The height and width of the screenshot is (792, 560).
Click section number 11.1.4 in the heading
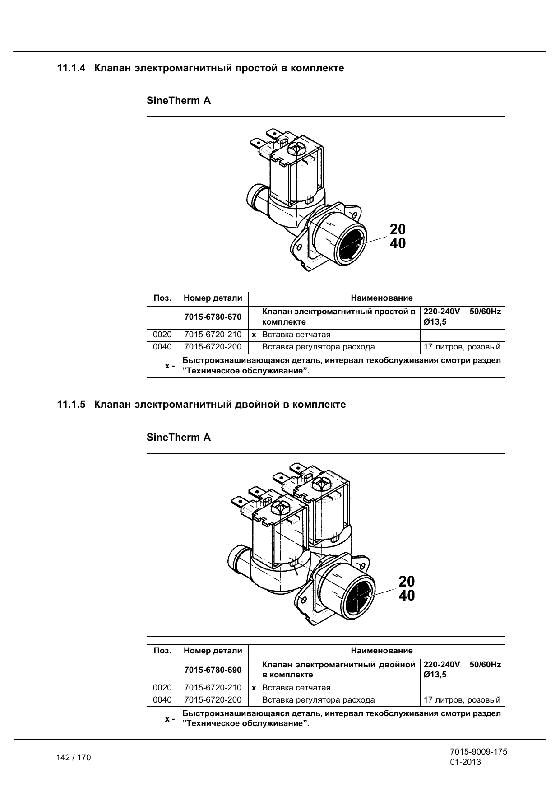click(x=71, y=68)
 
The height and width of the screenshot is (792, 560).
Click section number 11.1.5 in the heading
click(x=71, y=405)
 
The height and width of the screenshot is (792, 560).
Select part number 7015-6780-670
click(x=213, y=317)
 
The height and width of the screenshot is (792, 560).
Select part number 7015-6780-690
click(x=213, y=670)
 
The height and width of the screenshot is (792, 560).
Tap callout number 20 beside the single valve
click(x=398, y=229)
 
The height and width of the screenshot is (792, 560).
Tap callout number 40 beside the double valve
click(x=407, y=596)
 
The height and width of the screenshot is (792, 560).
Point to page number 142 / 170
click(x=74, y=758)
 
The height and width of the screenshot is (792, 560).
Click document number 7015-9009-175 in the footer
click(x=478, y=752)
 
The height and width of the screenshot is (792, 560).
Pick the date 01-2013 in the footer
click(x=465, y=762)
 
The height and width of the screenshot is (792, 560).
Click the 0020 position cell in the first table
click(x=162, y=335)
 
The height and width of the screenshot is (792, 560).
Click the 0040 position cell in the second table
click(x=162, y=700)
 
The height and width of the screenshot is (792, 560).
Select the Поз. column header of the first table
click(x=162, y=298)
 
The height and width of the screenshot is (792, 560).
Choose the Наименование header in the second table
click(x=382, y=651)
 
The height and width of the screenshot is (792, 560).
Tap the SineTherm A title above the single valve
click(x=179, y=100)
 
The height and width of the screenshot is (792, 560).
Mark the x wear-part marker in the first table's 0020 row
click(x=254, y=335)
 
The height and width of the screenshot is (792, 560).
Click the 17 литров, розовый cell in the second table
click(x=462, y=700)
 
